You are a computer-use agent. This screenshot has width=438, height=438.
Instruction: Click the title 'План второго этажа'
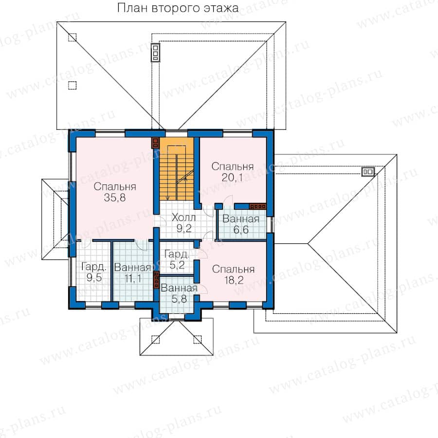click(x=178, y=8)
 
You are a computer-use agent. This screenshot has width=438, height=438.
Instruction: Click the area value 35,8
click(x=114, y=198)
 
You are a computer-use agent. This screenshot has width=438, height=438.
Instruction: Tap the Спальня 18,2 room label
click(x=233, y=274)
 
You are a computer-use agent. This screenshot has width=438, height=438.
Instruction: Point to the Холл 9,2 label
click(x=183, y=222)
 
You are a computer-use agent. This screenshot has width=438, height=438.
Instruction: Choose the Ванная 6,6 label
click(x=241, y=224)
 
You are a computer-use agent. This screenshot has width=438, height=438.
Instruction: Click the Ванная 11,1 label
click(x=133, y=273)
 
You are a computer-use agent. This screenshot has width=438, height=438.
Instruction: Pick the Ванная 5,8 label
click(x=179, y=293)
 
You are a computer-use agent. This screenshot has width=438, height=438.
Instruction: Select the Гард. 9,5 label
click(x=94, y=272)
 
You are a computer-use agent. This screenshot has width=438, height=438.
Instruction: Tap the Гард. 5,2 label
click(x=177, y=259)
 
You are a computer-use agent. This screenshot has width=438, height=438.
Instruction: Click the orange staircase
click(x=177, y=169)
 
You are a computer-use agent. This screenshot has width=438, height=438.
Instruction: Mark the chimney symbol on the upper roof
click(x=156, y=52)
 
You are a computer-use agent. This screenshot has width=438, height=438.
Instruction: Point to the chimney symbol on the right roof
click(x=368, y=172)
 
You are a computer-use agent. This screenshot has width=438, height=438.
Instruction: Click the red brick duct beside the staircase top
click(x=155, y=143)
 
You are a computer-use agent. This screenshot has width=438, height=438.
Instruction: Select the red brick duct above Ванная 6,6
click(x=257, y=206)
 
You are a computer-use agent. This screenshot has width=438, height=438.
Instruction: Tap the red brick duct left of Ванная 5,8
click(x=156, y=280)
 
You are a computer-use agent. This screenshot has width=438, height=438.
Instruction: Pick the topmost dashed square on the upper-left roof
click(x=73, y=37)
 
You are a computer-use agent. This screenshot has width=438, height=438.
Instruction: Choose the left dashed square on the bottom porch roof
click(x=155, y=339)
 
